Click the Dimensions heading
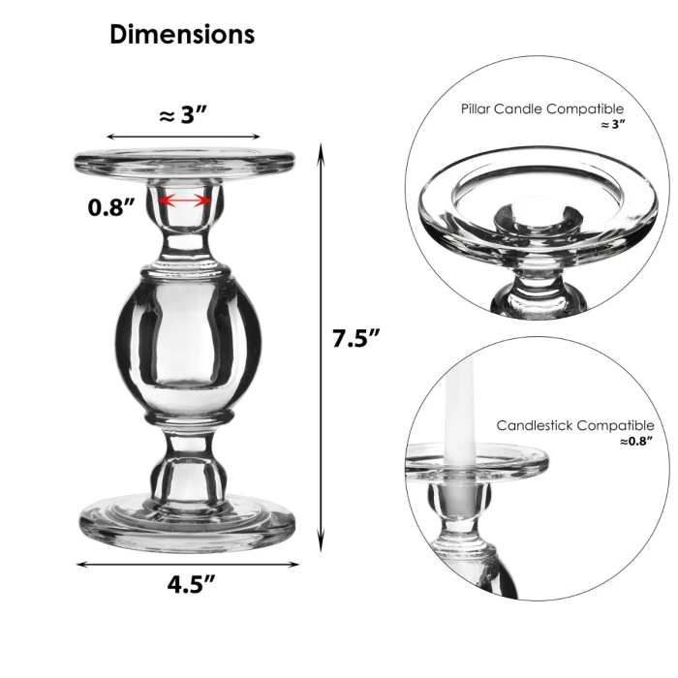point(182,35)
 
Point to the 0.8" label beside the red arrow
point(108,207)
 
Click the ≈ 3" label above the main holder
point(184,115)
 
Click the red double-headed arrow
point(184,200)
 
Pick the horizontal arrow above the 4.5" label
point(184,564)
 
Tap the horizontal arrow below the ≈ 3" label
point(184,138)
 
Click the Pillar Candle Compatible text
point(542,109)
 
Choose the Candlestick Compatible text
point(574,425)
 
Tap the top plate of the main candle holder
point(184,162)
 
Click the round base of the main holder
point(184,523)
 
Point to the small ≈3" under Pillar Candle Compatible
point(612,126)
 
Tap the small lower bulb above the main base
point(184,472)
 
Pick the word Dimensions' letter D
point(119,35)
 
